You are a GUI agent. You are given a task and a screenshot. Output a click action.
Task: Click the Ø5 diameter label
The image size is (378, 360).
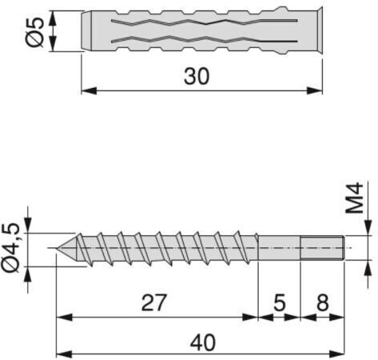click(34, 31)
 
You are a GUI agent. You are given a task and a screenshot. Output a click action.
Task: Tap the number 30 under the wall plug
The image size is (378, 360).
click(197, 77)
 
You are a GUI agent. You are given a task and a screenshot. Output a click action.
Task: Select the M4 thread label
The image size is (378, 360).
click(355, 198)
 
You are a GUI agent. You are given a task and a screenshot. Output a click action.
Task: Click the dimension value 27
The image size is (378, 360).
click(154, 302)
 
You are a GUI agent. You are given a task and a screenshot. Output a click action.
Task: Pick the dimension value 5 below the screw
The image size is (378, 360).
click(280, 302)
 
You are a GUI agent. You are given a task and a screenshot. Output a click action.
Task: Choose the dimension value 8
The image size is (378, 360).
click(323, 302)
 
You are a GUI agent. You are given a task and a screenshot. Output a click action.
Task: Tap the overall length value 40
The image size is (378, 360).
click(203, 342)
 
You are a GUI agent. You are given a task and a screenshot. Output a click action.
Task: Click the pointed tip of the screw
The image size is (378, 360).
click(57, 248)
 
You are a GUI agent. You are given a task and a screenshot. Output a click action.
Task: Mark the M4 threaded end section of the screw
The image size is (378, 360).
click(323, 248)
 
